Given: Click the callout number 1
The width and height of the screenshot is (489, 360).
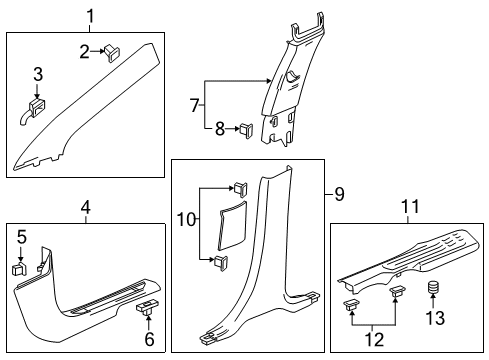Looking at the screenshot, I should [89, 16].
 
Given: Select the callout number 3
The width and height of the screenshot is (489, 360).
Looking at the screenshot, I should [38, 74].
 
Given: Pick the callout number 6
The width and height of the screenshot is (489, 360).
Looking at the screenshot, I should [148, 338].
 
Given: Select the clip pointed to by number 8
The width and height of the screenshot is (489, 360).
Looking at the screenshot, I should [244, 128].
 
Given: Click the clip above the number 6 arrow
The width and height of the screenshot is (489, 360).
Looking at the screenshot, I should [146, 307].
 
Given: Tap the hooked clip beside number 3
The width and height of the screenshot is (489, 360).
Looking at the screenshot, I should [36, 103].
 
